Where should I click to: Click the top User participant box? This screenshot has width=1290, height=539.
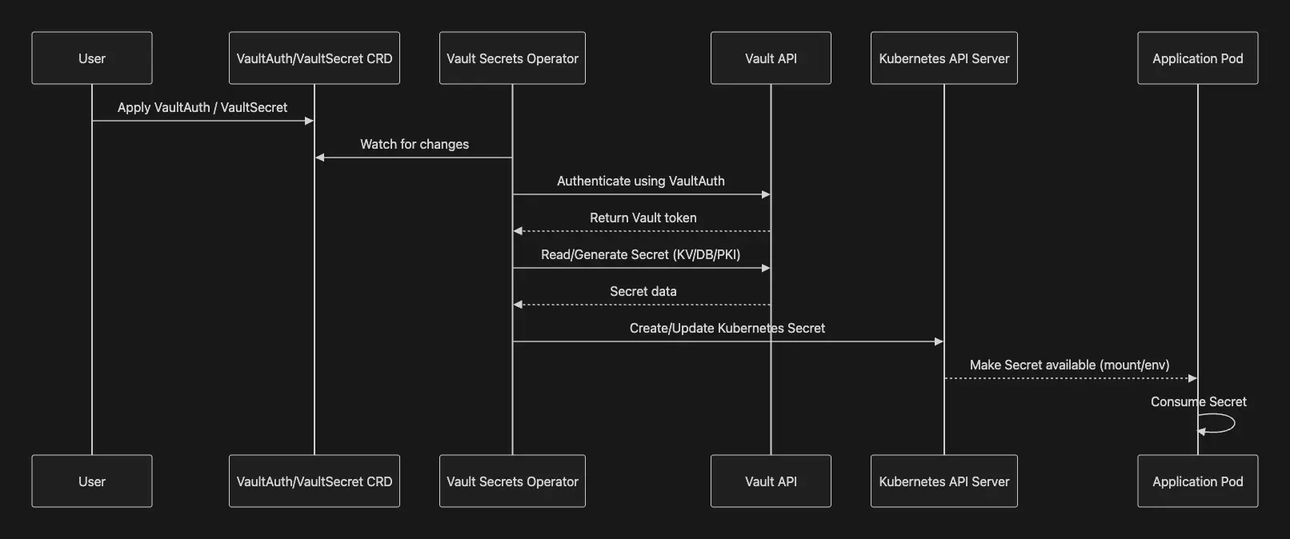coord(92,58)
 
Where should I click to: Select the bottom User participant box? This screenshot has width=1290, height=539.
coord(92,481)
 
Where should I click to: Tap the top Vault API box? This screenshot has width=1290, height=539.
coord(771,58)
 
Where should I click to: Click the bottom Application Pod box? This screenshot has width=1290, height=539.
coord(1197,481)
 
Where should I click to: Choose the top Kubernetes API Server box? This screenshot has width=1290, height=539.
coord(944,58)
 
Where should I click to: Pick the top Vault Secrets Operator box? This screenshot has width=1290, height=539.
coord(512,58)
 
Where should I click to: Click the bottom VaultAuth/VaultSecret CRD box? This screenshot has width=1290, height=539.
coord(314,481)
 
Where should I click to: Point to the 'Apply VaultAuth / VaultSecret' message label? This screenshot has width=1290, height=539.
coord(202,107)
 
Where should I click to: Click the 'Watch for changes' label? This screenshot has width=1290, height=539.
coord(415,144)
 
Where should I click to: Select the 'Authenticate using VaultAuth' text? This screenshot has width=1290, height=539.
coord(641,181)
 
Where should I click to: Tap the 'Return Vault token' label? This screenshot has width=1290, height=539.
coord(643,218)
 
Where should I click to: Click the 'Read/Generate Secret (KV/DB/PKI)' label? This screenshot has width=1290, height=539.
coord(641,254)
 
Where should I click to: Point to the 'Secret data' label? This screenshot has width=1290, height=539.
coord(643,291)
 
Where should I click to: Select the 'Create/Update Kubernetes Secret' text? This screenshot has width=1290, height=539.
coord(727,328)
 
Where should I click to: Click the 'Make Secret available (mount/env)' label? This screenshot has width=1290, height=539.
coord(1069,365)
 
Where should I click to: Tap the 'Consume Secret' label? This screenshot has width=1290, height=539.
coord(1199,401)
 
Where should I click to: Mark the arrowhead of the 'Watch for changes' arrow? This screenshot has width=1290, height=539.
coord(320,158)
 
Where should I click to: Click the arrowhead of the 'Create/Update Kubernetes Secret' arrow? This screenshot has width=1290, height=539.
coord(939,341)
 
